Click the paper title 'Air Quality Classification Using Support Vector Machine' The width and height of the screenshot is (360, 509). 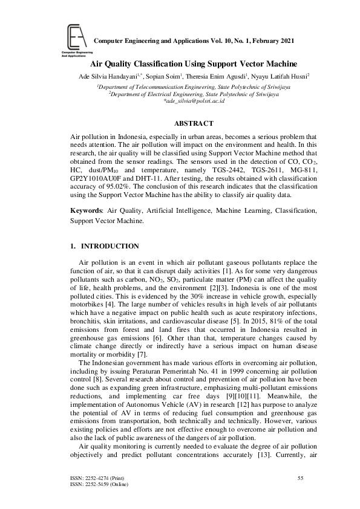[194, 63]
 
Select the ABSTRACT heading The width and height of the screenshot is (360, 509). [194, 123]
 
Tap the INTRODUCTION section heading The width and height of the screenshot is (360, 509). [110, 246]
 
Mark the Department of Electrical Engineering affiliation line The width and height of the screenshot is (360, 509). [194, 94]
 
